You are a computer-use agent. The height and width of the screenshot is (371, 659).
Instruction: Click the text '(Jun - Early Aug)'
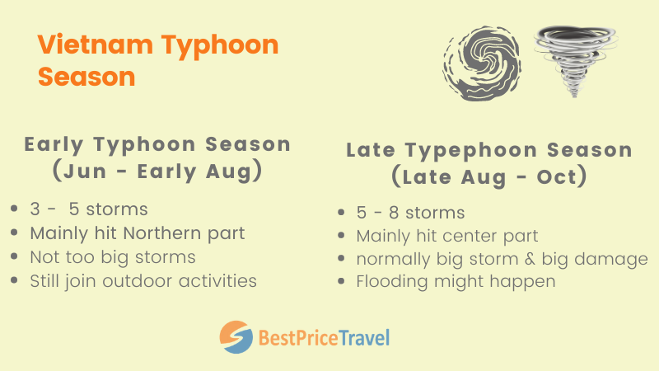coord(157,171)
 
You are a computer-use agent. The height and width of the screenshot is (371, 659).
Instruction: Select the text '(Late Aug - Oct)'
coord(488,176)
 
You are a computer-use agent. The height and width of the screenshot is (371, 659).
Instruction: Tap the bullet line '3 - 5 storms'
coord(90,207)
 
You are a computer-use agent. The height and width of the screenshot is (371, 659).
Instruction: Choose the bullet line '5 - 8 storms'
coord(410,213)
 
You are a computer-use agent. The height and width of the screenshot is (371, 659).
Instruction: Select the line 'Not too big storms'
coord(113,256)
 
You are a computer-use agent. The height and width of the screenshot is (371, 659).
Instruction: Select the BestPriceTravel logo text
coord(324,336)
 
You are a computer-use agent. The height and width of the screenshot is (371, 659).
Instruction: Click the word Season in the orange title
coord(86,76)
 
